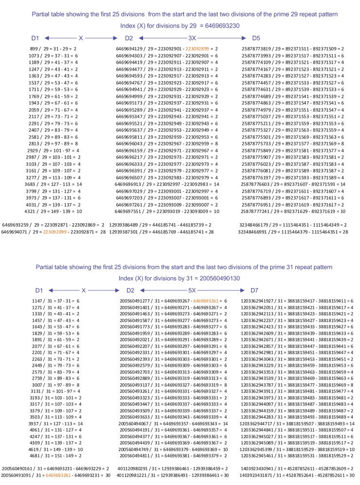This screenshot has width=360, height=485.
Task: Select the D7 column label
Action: coord(254,290)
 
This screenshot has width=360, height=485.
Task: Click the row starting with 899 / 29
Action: coord(54,49)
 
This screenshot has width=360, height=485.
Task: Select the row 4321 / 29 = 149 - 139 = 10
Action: coord(53,212)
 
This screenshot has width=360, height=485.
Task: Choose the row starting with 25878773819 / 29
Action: coord(292,49)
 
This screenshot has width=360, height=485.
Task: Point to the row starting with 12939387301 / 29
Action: coord(162,232)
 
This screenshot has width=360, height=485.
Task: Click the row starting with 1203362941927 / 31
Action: coord(297,302)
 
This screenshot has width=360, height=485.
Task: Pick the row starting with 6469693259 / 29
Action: coord(54,225)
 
